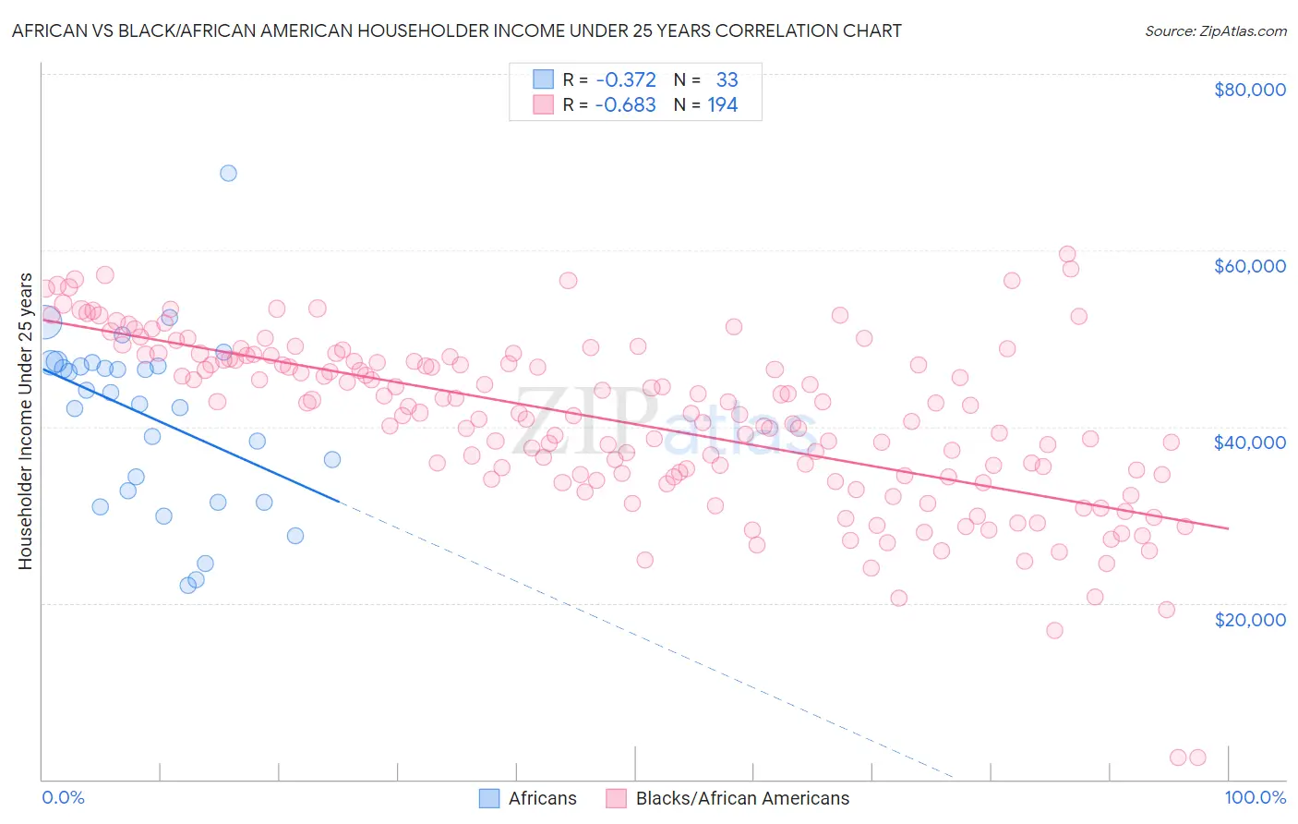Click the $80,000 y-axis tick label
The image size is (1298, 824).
click(x=1249, y=90)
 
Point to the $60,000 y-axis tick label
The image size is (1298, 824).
click(x=1249, y=266)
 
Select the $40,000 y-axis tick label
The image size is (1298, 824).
click(x=1249, y=442)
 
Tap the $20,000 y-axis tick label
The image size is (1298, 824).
click(x=1249, y=619)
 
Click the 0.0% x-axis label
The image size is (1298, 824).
click(x=63, y=798)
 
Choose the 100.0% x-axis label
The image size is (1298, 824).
click(x=1255, y=798)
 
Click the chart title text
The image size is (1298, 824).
click(x=456, y=30)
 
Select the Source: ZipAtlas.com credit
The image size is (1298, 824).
click(x=1215, y=30)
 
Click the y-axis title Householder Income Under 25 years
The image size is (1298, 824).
click(x=25, y=421)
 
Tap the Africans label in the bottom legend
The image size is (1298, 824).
click(x=542, y=798)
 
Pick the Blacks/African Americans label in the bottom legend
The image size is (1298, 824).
click(x=742, y=798)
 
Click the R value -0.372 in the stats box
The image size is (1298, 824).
click(x=625, y=79)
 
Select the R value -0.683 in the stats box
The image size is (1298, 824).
click(x=625, y=105)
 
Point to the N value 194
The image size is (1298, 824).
click(x=722, y=105)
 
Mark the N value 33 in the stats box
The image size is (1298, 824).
click(x=727, y=79)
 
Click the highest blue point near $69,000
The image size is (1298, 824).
click(x=228, y=173)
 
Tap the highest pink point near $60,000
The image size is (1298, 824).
click(x=1067, y=254)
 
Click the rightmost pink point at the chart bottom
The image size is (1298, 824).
click(x=1197, y=757)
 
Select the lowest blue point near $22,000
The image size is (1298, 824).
click(x=188, y=585)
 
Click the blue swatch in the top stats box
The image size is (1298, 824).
click(x=543, y=79)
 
